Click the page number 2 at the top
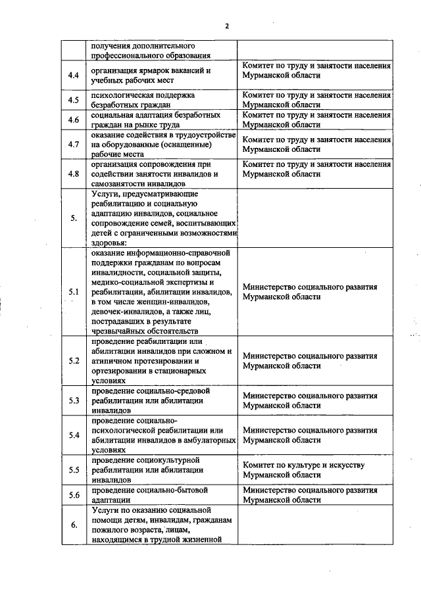[x=226, y=26]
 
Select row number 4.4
[x=74, y=75]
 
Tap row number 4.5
[x=74, y=100]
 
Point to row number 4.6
[x=74, y=120]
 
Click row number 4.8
[x=74, y=174]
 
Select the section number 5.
[x=74, y=218]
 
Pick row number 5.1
[x=74, y=291]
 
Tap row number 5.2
[x=74, y=361]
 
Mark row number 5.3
[x=74, y=400]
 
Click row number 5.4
[x=74, y=435]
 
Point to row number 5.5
[x=74, y=470]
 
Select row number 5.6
[x=74, y=495]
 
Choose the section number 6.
[x=74, y=525]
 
